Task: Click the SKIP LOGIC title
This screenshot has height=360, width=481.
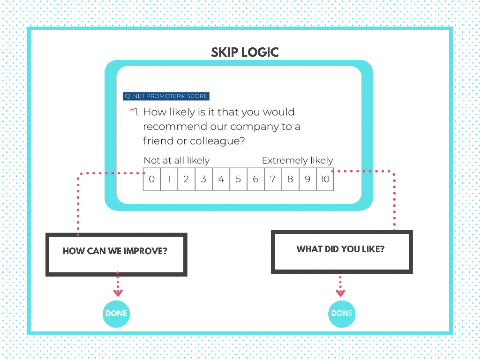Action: (x=245, y=52)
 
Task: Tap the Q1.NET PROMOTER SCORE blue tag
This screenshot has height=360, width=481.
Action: (x=166, y=96)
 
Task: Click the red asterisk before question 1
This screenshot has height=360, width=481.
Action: (x=132, y=111)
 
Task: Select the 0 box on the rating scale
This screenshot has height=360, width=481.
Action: (x=151, y=179)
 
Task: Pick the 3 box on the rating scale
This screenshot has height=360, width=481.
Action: (x=203, y=179)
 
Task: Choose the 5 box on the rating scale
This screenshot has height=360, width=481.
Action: (x=238, y=179)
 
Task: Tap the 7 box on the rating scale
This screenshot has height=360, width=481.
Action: (x=273, y=179)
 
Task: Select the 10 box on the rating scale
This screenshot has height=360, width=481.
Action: (x=325, y=179)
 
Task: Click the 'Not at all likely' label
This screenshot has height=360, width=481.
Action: (x=176, y=160)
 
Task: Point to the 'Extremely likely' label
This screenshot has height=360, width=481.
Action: (x=297, y=160)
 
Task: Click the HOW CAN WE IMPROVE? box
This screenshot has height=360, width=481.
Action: (x=116, y=254)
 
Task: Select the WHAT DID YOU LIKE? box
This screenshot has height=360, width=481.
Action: (x=341, y=251)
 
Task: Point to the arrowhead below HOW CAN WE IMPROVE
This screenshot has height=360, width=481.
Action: (x=118, y=293)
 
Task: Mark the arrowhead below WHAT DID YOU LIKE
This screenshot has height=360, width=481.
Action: (x=340, y=293)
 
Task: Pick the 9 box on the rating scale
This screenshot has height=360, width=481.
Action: (x=308, y=179)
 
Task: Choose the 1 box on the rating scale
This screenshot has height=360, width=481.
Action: (x=169, y=179)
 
